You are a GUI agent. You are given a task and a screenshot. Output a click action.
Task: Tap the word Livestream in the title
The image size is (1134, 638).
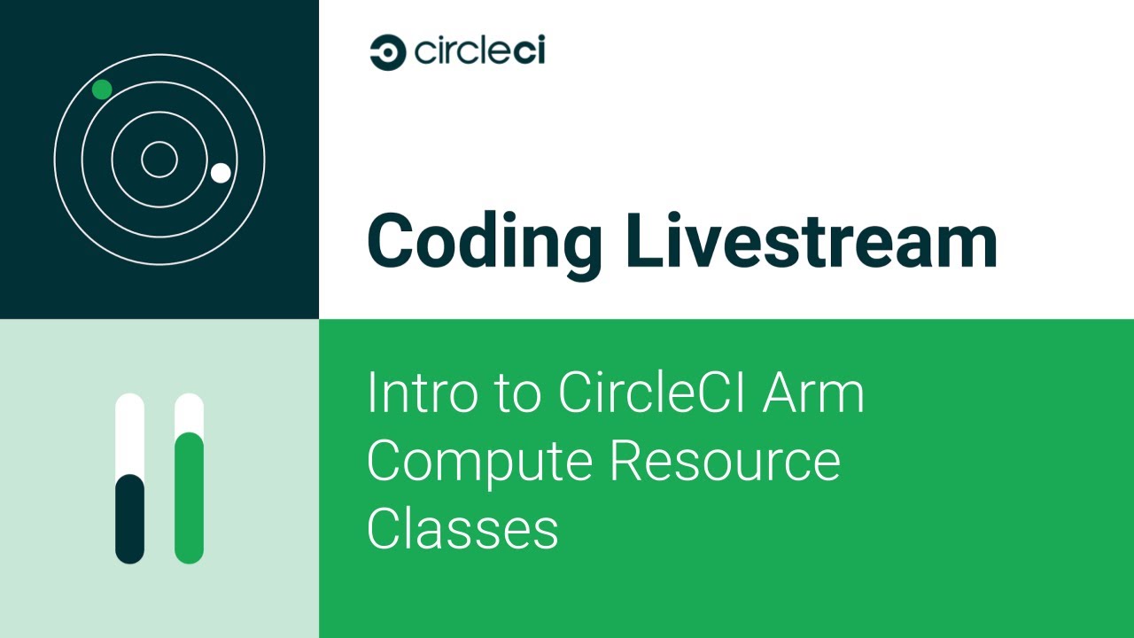(x=811, y=241)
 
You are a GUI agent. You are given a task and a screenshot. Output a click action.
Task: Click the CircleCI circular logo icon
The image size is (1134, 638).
(x=387, y=52)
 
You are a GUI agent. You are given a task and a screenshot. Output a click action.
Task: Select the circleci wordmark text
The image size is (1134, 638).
(x=478, y=51)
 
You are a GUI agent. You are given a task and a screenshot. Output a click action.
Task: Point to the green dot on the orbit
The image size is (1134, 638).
(x=102, y=89)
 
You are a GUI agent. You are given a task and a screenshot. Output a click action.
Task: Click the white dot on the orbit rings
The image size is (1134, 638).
(x=221, y=173)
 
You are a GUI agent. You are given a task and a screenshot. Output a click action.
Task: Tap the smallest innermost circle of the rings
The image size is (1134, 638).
(x=159, y=159)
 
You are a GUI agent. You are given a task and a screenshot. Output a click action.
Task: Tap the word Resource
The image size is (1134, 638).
(x=726, y=461)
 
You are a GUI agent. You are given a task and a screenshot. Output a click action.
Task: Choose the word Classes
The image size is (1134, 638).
(x=462, y=528)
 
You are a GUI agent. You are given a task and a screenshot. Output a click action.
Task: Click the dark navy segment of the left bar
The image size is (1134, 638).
(x=130, y=518)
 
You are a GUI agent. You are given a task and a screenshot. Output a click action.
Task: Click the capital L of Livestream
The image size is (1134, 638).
(x=640, y=241)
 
